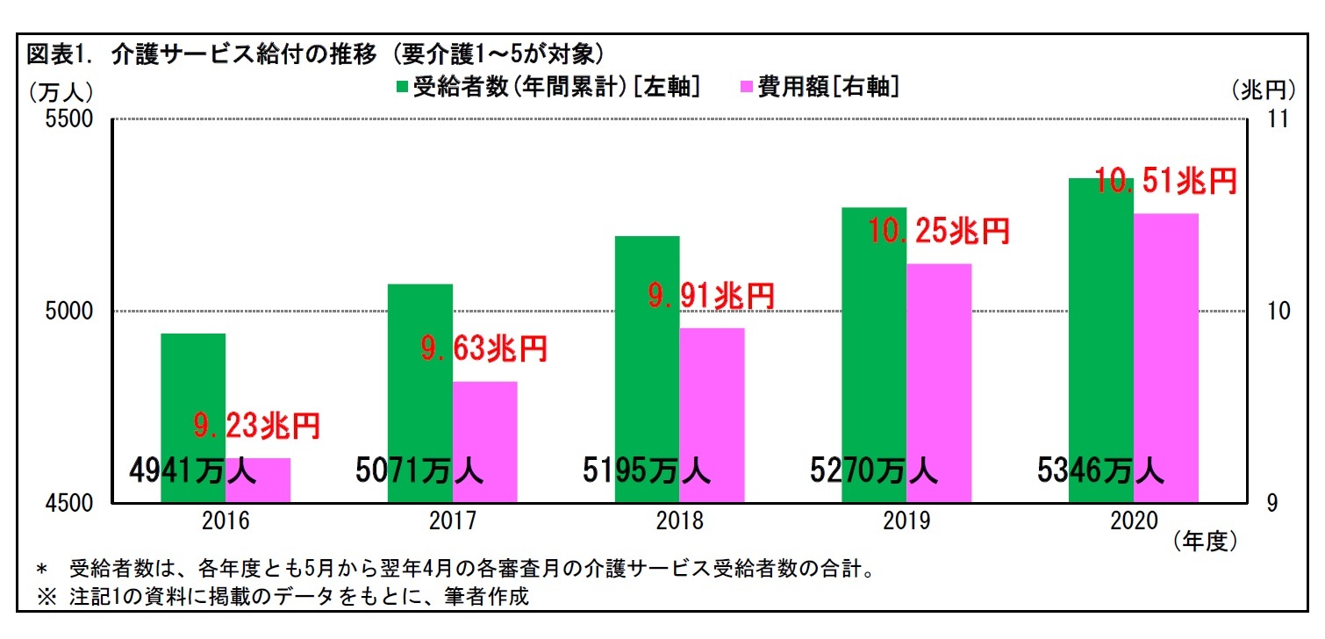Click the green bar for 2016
[x=193, y=395]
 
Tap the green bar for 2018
[x=647, y=351]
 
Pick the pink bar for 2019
[x=939, y=369]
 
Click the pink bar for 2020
[x=1166, y=351]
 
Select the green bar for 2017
[x=419, y=369]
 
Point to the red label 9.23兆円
[x=256, y=427]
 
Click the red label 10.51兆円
[x=1166, y=182]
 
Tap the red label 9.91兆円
[x=712, y=297]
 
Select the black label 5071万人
[x=419, y=472]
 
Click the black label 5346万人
[x=1100, y=472]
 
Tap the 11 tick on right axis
[x=1275, y=119]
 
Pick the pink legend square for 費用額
[x=747, y=87]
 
